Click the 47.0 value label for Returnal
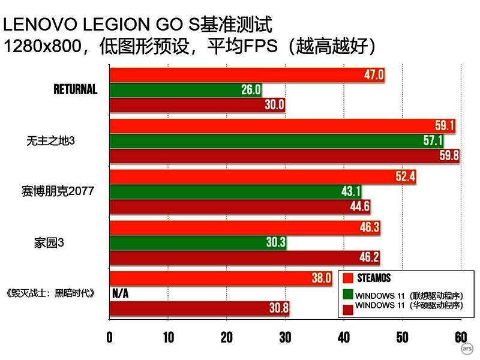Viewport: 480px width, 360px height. coord(373,75)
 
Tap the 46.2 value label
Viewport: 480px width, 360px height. coord(368,257)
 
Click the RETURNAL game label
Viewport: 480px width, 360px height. coord(75,90)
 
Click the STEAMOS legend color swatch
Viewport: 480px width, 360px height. coord(347,278)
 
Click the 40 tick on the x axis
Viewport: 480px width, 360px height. coord(343,337)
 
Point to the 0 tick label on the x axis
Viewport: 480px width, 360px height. coord(109,337)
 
